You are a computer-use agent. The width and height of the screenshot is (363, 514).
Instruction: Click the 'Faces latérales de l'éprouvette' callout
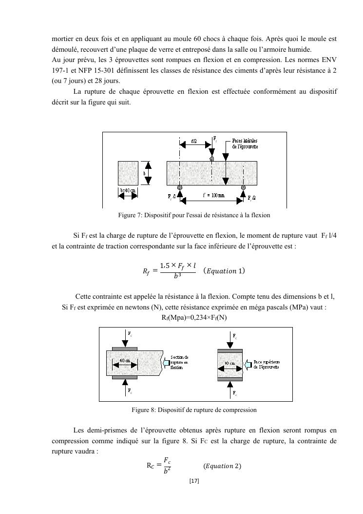[x=245, y=143]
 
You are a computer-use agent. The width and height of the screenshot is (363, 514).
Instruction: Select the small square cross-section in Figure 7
[x=129, y=173]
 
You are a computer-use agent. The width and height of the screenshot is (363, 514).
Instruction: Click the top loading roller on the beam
[x=211, y=159]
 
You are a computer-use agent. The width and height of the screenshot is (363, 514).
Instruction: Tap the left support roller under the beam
[x=180, y=187]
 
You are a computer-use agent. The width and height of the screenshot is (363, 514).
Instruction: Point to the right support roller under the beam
[x=243, y=187]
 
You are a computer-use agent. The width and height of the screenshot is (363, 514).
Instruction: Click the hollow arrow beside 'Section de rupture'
[x=166, y=363]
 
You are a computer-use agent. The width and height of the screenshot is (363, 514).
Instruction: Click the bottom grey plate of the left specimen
[x=125, y=377]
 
